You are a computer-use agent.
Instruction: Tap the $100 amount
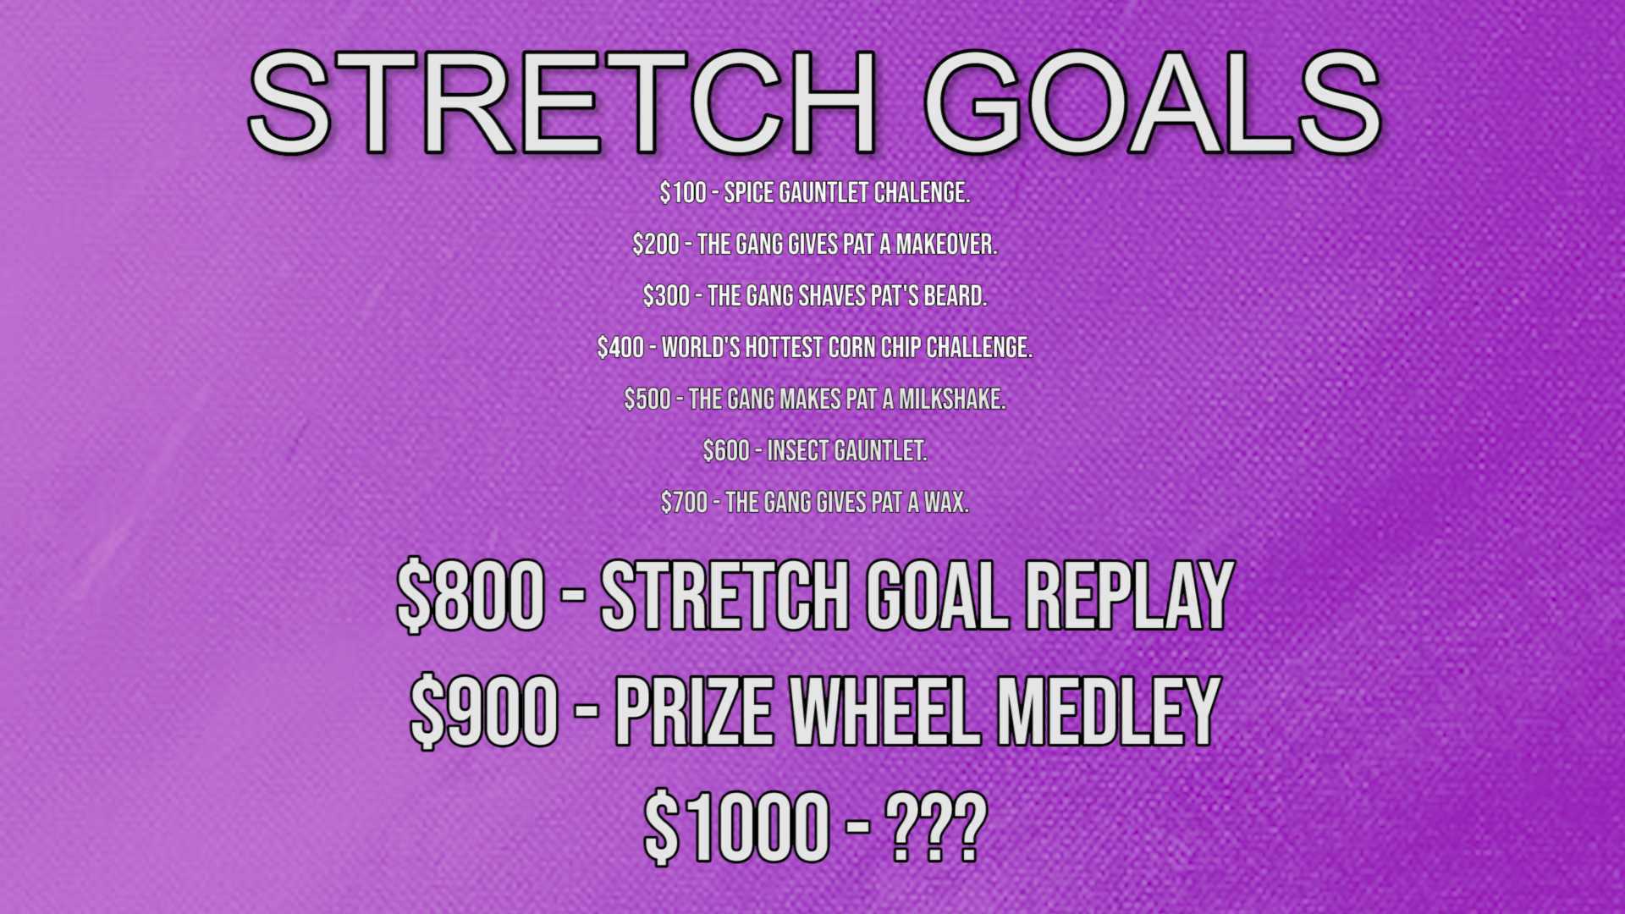683,193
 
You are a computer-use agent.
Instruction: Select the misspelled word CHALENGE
922,193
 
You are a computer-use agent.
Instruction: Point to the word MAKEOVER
946,245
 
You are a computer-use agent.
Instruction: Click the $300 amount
666,296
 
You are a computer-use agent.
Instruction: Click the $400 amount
620,348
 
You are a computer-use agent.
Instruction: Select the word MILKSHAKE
952,399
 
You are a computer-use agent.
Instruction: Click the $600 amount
726,451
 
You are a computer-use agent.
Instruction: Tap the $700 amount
684,503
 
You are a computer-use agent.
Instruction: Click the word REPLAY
1130,596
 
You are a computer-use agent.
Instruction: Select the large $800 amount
471,596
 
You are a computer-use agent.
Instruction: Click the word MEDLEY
1110,712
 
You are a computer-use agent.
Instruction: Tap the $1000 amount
736,828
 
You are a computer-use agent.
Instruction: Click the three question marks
936,828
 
